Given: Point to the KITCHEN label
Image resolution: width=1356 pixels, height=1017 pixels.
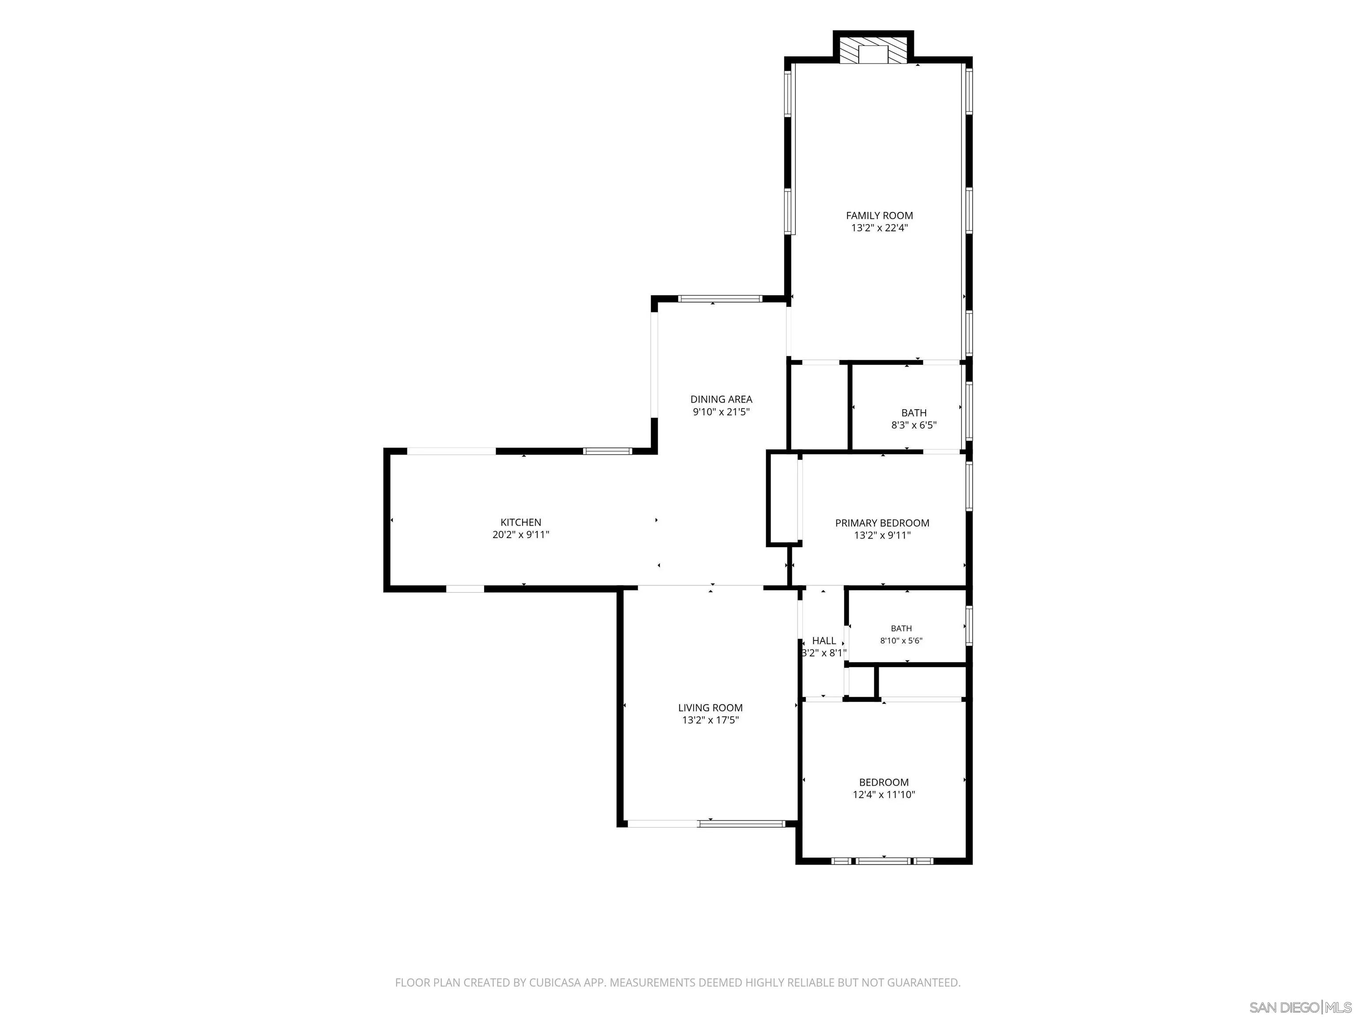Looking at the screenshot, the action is click(520, 522).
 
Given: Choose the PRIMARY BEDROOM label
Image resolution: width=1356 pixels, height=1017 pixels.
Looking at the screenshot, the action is click(882, 523).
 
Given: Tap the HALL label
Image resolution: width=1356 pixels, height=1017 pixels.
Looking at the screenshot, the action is click(824, 640).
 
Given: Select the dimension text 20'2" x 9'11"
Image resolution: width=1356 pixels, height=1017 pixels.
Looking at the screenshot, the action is click(520, 535).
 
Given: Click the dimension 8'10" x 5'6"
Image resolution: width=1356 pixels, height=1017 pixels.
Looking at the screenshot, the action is click(901, 640).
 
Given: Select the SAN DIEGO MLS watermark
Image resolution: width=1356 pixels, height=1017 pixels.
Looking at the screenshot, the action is click(1300, 1007).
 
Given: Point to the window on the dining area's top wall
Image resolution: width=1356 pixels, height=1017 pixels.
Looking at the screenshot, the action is click(719, 299).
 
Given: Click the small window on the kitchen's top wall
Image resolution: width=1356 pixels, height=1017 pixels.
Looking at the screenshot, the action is click(607, 451).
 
